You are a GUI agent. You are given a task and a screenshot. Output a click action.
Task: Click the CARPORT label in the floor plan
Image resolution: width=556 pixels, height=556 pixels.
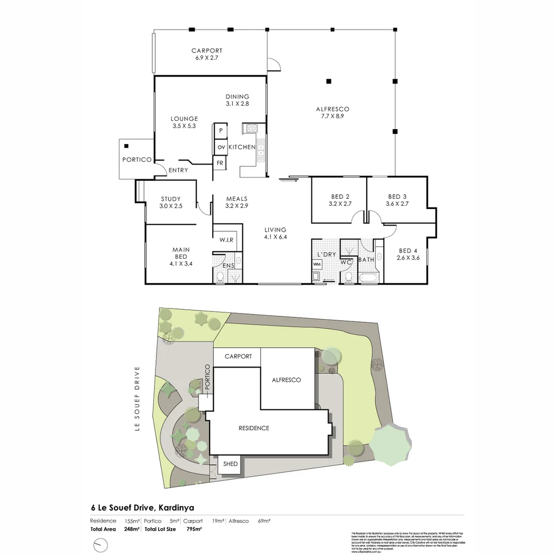pos(206,50)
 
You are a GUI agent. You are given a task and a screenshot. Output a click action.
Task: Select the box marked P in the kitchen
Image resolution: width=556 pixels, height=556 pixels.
pos(221,131)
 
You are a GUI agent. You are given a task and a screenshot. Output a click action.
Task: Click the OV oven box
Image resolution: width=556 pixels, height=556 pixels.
pos(221,147)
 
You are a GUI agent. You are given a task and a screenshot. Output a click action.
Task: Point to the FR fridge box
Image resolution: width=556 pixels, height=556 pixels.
pos(220,163)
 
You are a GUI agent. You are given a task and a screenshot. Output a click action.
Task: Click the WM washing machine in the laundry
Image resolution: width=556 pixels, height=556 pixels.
pos(316,265)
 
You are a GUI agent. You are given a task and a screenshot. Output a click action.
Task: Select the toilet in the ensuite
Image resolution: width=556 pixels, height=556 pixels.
pos(221,277)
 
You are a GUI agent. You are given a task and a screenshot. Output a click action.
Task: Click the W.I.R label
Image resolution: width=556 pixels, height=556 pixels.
pos(227,240)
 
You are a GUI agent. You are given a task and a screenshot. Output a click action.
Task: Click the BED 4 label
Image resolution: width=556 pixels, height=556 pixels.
pos(409,251)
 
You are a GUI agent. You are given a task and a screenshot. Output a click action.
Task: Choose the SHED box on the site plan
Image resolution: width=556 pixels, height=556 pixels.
pos(230,464)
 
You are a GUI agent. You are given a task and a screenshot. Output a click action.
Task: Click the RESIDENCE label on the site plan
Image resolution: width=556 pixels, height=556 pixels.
pos(253,428)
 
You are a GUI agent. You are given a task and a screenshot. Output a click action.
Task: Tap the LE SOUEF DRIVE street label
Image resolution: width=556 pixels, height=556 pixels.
pos(137,399)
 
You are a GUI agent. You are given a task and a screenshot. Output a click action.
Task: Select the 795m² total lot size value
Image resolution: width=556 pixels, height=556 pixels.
pos(194,529)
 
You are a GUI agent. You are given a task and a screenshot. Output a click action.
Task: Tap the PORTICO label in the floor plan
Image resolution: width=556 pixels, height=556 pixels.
pos(136,160)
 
